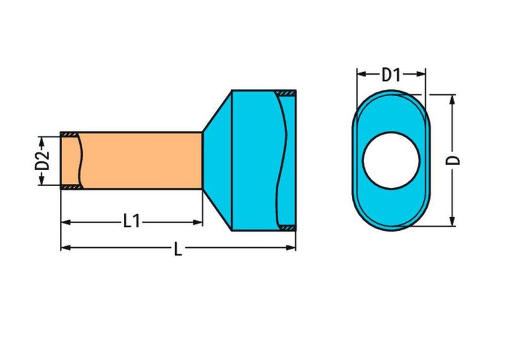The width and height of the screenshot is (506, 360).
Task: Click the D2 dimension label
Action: [42, 161]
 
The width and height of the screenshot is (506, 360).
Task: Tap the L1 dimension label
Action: [132, 222]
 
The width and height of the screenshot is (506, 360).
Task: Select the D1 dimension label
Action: [391, 75]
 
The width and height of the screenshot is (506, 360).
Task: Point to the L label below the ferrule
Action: [178, 249]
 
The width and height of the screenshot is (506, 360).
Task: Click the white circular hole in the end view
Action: [391, 161]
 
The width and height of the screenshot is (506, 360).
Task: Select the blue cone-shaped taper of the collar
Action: [217, 161]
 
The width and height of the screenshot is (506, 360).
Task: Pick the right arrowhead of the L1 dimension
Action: [197, 222]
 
